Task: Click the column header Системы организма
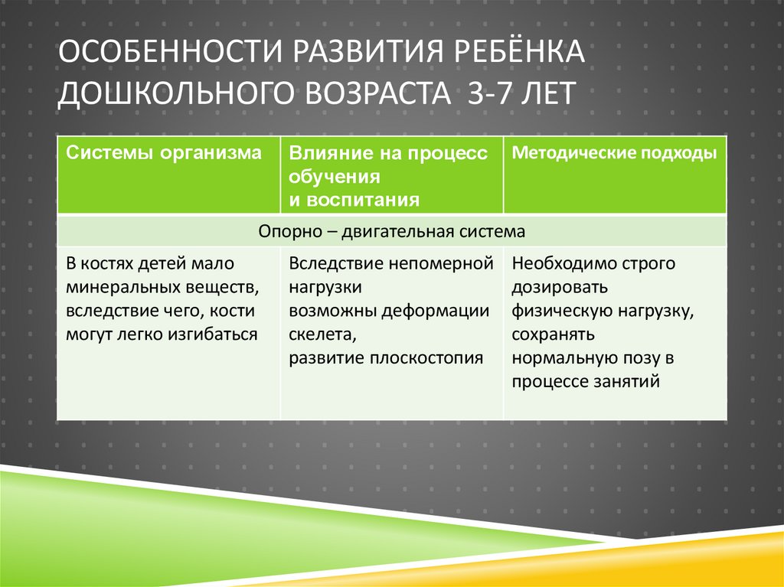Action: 163,153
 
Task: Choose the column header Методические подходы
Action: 614,153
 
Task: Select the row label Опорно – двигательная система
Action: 392,231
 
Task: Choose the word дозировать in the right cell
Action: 560,288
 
